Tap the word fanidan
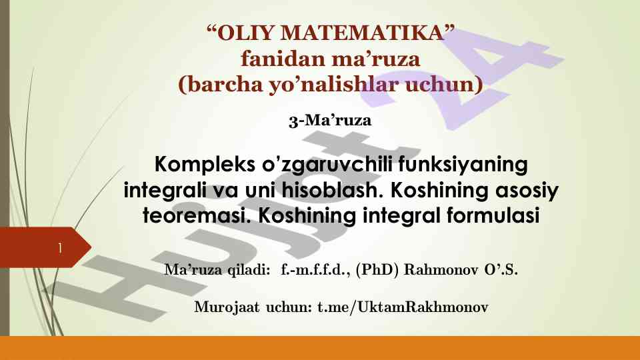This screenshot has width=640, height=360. pos(283,59)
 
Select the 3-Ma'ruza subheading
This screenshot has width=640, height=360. pos(330,121)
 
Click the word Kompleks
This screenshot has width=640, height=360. pos(205,165)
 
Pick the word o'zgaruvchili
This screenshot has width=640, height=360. pos(327,165)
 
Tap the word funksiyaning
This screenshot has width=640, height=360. pos(463,165)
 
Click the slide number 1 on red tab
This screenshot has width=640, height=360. pos(60,248)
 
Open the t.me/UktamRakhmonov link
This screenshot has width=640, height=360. pos(403,307)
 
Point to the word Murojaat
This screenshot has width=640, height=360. pos(227,307)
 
